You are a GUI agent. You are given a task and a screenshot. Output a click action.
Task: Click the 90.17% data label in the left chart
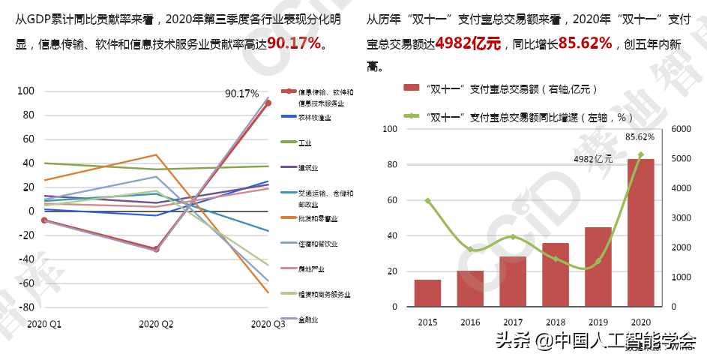click(x=241, y=94)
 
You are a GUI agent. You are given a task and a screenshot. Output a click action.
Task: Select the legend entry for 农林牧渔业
click(x=315, y=118)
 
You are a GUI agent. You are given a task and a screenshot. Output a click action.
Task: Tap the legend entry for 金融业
click(x=308, y=319)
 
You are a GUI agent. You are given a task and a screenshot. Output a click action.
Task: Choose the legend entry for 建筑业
click(x=308, y=168)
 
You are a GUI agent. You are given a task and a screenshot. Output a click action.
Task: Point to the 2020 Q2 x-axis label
click(x=157, y=324)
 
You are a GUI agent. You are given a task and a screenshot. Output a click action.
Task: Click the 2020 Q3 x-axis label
click(x=268, y=324)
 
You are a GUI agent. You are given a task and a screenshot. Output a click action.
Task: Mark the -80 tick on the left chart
click(x=27, y=307)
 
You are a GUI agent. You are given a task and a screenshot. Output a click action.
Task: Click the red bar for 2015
click(x=427, y=293)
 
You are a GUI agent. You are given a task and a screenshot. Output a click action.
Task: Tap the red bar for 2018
click(x=556, y=274)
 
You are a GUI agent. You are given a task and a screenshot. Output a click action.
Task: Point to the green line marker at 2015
click(x=427, y=201)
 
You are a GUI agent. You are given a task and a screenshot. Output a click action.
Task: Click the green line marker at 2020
click(x=640, y=154)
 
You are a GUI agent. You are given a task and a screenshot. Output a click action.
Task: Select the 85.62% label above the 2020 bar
click(x=640, y=137)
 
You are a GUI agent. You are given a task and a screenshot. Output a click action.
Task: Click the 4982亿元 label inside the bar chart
click(x=593, y=159)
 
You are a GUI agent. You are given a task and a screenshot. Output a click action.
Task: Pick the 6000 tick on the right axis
click(x=683, y=129)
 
